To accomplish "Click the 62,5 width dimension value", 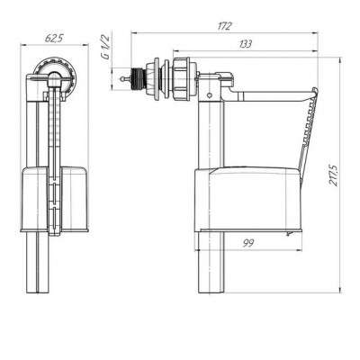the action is pyautogui.click(x=54, y=39).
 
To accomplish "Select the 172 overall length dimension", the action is pyautogui.click(x=225, y=26).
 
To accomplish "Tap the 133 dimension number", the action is pyautogui.click(x=246, y=44).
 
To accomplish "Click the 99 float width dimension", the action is pyautogui.click(x=248, y=243).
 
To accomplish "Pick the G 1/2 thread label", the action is pyautogui.click(x=106, y=47).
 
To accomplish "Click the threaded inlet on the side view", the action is pyautogui.click(x=139, y=79).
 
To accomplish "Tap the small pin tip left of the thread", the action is pyautogui.click(x=121, y=79).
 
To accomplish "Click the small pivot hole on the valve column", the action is pyautogui.click(x=210, y=95).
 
